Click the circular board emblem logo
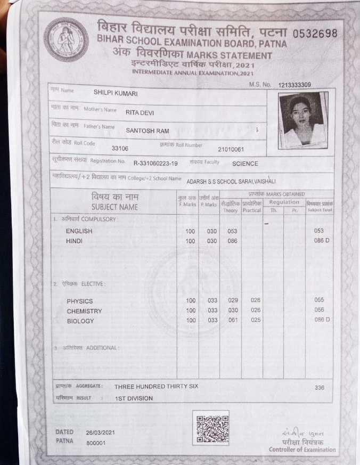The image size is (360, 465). [x=66, y=39]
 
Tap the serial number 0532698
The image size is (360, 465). [x=315, y=33]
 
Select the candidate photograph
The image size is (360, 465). [x=302, y=120]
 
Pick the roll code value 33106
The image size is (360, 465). [x=120, y=149]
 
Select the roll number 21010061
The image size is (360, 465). [x=231, y=150]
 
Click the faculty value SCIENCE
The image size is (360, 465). [x=245, y=164]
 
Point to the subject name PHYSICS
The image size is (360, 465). [x=80, y=301]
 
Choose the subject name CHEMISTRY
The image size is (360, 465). [x=84, y=311]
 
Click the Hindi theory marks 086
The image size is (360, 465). [x=232, y=241]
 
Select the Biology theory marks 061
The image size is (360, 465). [x=233, y=320]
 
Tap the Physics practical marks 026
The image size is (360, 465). [x=256, y=300]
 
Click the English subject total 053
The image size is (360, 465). [x=319, y=231]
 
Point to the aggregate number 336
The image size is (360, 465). [x=319, y=387]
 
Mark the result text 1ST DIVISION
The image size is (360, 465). [x=134, y=398]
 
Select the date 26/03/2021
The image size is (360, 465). [x=100, y=432]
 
